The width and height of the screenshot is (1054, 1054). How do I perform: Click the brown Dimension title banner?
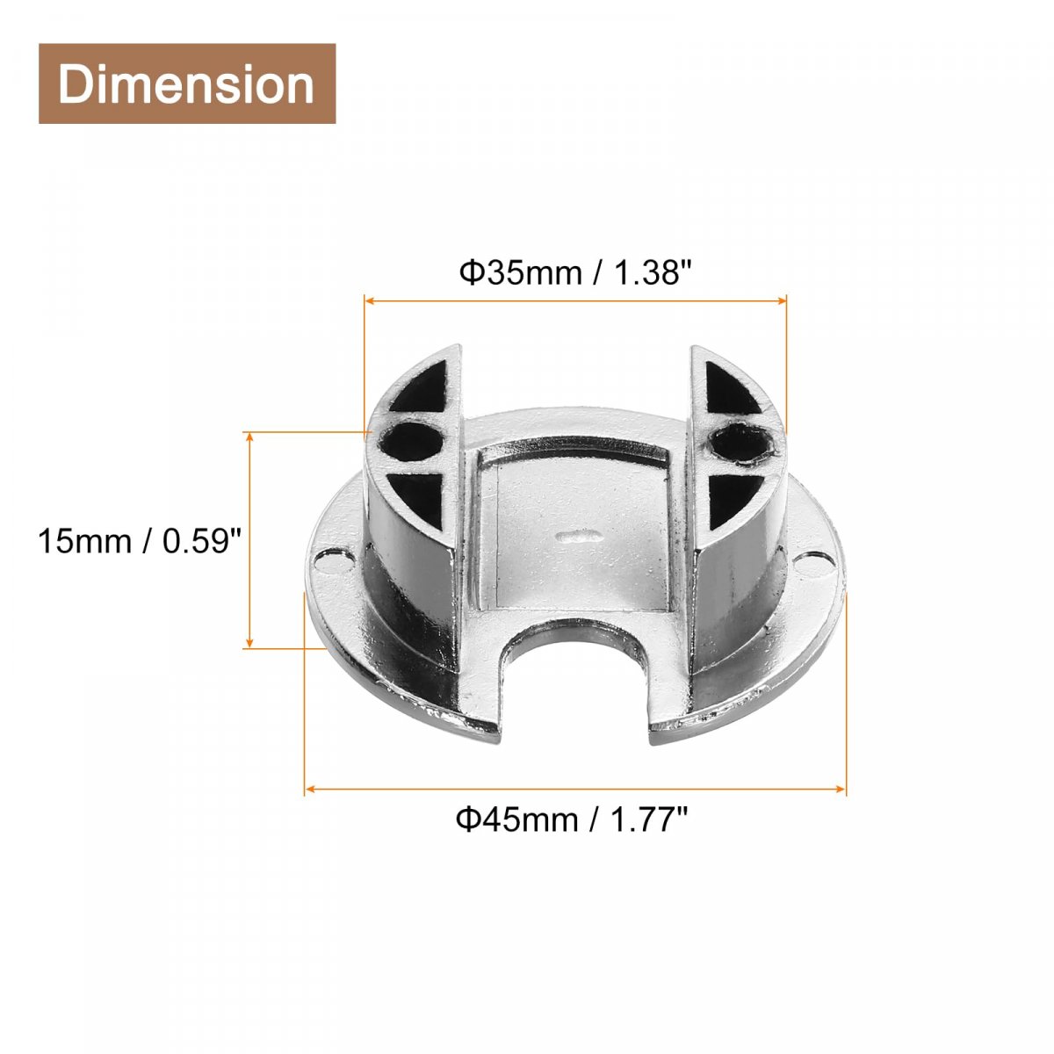tap(187, 83)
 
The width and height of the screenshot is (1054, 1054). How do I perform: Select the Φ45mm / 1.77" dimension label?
tap(572, 819)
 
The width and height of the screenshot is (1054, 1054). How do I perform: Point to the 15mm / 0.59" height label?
tap(140, 542)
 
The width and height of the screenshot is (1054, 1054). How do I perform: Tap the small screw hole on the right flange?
tap(814, 562)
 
